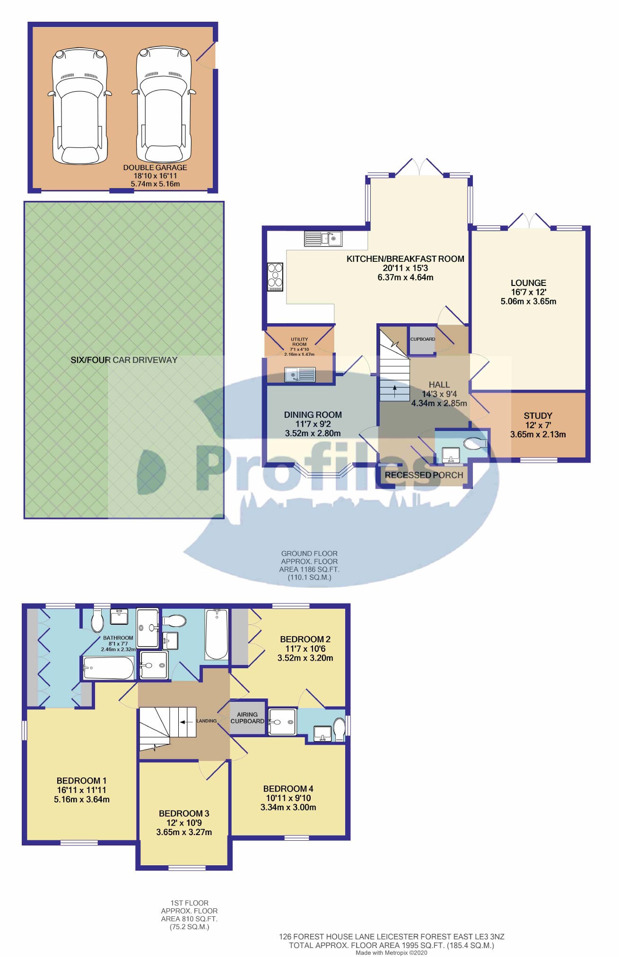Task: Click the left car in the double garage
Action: coord(79,106)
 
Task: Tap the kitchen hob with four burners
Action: coord(275,276)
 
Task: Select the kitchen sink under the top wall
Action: coord(323,239)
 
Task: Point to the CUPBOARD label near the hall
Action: coord(422,339)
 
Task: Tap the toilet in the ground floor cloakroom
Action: coord(475,443)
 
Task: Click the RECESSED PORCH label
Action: coord(424,475)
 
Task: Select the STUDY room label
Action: coord(538,416)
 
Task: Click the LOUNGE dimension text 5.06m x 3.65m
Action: coord(528,302)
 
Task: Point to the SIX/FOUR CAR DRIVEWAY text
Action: coord(124,360)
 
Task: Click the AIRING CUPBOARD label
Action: coord(247,718)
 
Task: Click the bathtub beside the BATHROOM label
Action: coord(108,668)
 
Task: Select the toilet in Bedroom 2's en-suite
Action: coord(339,729)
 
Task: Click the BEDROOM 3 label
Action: coord(184,813)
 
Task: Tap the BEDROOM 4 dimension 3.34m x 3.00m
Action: coord(288,807)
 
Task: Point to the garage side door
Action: coord(206,56)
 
